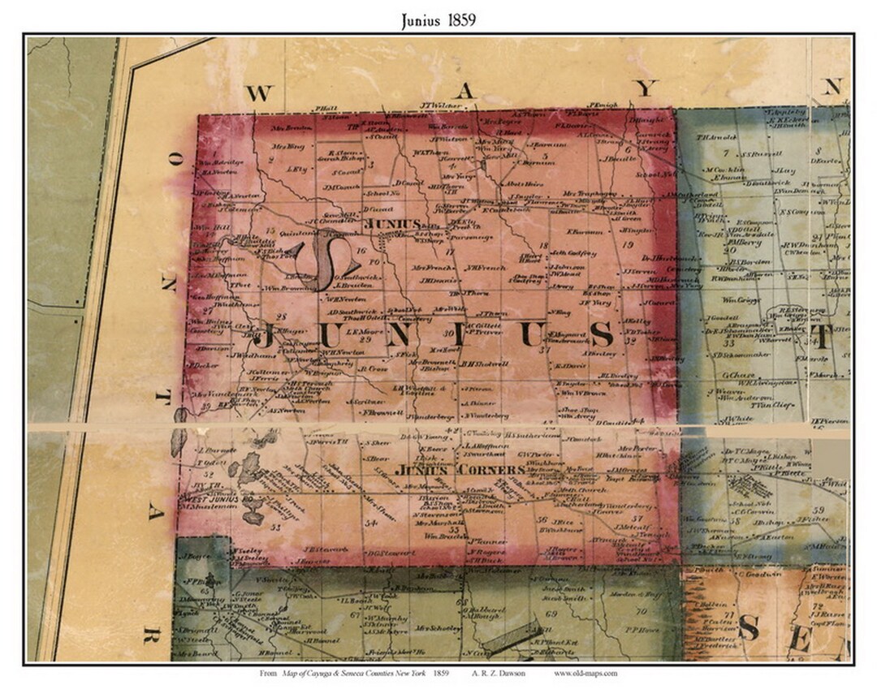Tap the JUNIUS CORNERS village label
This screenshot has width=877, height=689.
[x=460, y=470]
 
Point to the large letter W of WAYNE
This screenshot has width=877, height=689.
[x=257, y=93]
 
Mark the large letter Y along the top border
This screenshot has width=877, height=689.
[x=643, y=90]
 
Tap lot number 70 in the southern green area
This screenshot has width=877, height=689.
[x=641, y=611]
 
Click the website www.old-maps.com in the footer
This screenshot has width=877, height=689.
[x=585, y=673]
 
